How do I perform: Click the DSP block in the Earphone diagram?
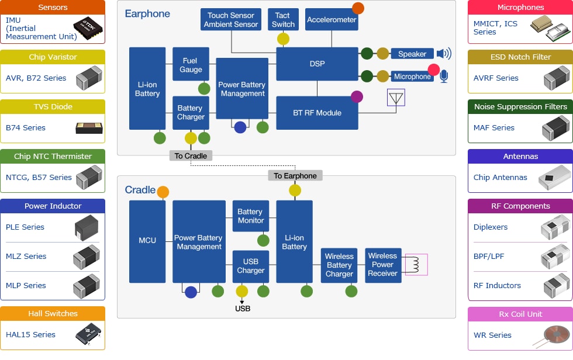[x=317, y=64]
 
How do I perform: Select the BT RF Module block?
[x=317, y=113]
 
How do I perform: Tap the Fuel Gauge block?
[x=191, y=64]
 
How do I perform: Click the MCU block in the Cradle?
[x=147, y=241]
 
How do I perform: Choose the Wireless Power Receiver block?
[x=383, y=265]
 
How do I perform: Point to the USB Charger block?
[x=250, y=266]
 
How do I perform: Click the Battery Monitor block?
[x=250, y=216]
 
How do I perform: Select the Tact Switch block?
[x=283, y=20]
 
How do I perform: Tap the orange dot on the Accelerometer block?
[x=358, y=9]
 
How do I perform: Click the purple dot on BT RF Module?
[x=357, y=96]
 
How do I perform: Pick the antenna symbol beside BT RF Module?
[x=396, y=98]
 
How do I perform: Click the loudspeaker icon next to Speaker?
[x=444, y=54]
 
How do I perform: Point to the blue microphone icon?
[x=444, y=77]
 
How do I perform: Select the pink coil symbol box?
[x=416, y=265]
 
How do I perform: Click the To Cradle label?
[x=191, y=155]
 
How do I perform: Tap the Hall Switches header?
[x=53, y=314]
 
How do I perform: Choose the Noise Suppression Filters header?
[x=520, y=107]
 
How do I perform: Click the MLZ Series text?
[x=26, y=257]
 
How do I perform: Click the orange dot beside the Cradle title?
[x=163, y=192]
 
